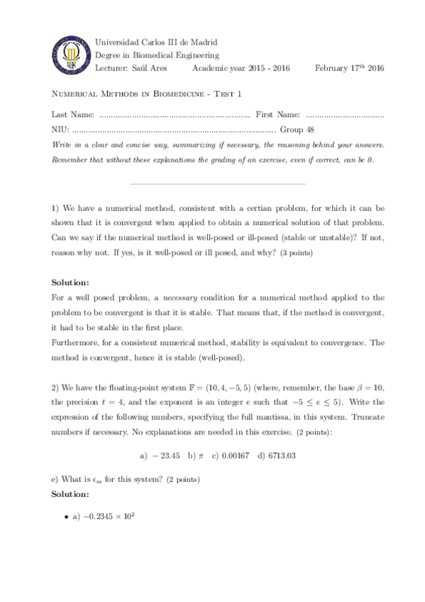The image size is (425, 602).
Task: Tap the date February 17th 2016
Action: pos(349,67)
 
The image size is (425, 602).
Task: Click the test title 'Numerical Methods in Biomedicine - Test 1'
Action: pos(147,95)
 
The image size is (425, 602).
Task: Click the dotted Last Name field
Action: pos(175,114)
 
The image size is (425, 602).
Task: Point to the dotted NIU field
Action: pos(174,130)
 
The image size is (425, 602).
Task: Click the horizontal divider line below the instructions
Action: pos(217,185)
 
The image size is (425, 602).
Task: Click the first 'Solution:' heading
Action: pos(71,282)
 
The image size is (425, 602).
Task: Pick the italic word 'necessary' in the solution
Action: pos(182,297)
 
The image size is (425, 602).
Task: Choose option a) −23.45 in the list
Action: pos(160,455)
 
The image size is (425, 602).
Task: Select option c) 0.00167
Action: pos(231,455)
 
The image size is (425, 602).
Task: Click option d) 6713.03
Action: pos(277,455)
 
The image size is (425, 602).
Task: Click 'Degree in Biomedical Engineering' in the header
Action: pos(157,55)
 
